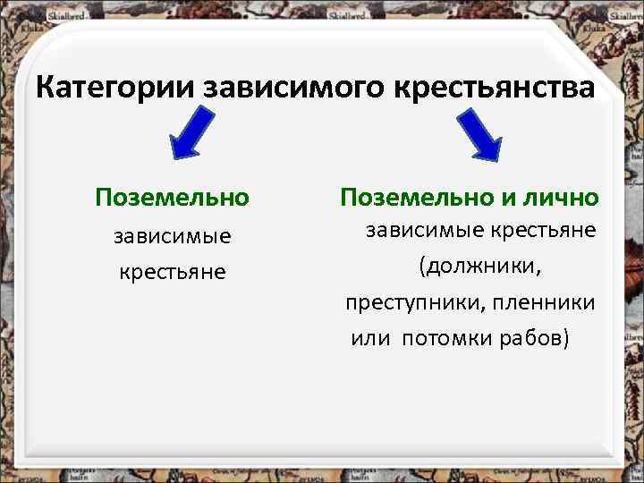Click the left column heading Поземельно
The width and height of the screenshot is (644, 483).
coord(173,196)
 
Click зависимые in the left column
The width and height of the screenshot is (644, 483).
coord(173,236)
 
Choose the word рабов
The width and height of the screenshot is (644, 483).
coord(530,339)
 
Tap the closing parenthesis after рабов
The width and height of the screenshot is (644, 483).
coord(565,339)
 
